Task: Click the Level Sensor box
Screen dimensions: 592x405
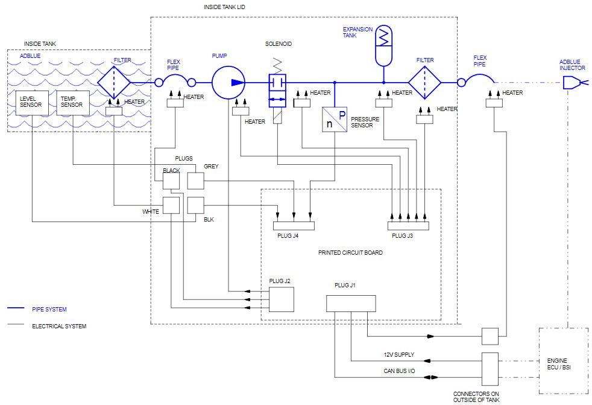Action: (x=32, y=103)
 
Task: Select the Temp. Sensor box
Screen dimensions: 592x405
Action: (x=73, y=103)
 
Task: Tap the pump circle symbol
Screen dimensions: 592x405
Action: (x=228, y=83)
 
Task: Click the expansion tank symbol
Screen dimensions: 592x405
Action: (x=383, y=45)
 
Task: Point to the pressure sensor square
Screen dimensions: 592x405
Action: (x=335, y=119)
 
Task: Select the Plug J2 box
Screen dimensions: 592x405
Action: (x=282, y=299)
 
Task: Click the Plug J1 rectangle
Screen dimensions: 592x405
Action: (x=351, y=304)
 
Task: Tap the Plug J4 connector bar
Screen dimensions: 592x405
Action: (x=294, y=226)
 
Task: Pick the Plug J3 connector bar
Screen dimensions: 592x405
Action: (x=409, y=226)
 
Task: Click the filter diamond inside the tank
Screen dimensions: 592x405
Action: (x=114, y=83)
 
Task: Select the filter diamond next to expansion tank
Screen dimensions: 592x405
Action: (x=425, y=83)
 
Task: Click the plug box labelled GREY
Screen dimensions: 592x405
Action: (x=195, y=180)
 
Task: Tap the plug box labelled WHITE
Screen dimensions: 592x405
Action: (x=171, y=205)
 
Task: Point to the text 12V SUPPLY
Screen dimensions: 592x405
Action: (x=399, y=355)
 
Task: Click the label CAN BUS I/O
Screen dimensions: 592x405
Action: (x=399, y=371)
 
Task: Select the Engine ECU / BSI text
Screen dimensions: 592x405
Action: (x=559, y=364)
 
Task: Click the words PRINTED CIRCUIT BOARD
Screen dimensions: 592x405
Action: (x=350, y=253)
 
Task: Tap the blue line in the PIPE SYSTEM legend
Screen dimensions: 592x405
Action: (x=16, y=308)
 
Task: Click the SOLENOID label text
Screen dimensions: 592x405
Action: (x=279, y=44)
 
